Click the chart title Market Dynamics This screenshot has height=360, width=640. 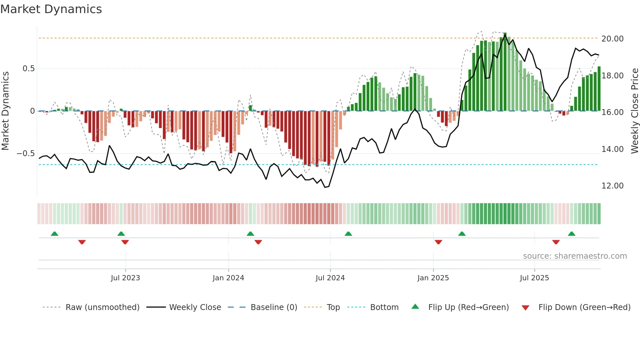pos(51,9)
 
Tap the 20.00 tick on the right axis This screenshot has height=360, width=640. pos(612,39)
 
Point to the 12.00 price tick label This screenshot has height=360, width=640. pos(612,186)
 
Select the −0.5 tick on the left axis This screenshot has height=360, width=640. pos(25,153)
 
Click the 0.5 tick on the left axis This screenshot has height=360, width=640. pos(28,68)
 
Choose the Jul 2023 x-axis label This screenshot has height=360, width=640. pos(125,278)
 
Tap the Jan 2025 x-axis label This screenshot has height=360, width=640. pos(433,278)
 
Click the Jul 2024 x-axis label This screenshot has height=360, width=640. pos(330,278)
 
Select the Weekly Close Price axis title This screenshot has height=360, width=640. pos(634,111)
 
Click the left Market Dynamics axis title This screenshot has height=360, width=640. pos(5,111)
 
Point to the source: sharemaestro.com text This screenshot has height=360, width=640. pos(575,256)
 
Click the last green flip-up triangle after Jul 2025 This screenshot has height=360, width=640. pos(571,234)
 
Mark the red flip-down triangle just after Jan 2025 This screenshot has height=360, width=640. pos(438,242)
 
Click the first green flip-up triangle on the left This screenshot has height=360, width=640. pos(55,234)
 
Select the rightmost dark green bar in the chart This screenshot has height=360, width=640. pos(599,89)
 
